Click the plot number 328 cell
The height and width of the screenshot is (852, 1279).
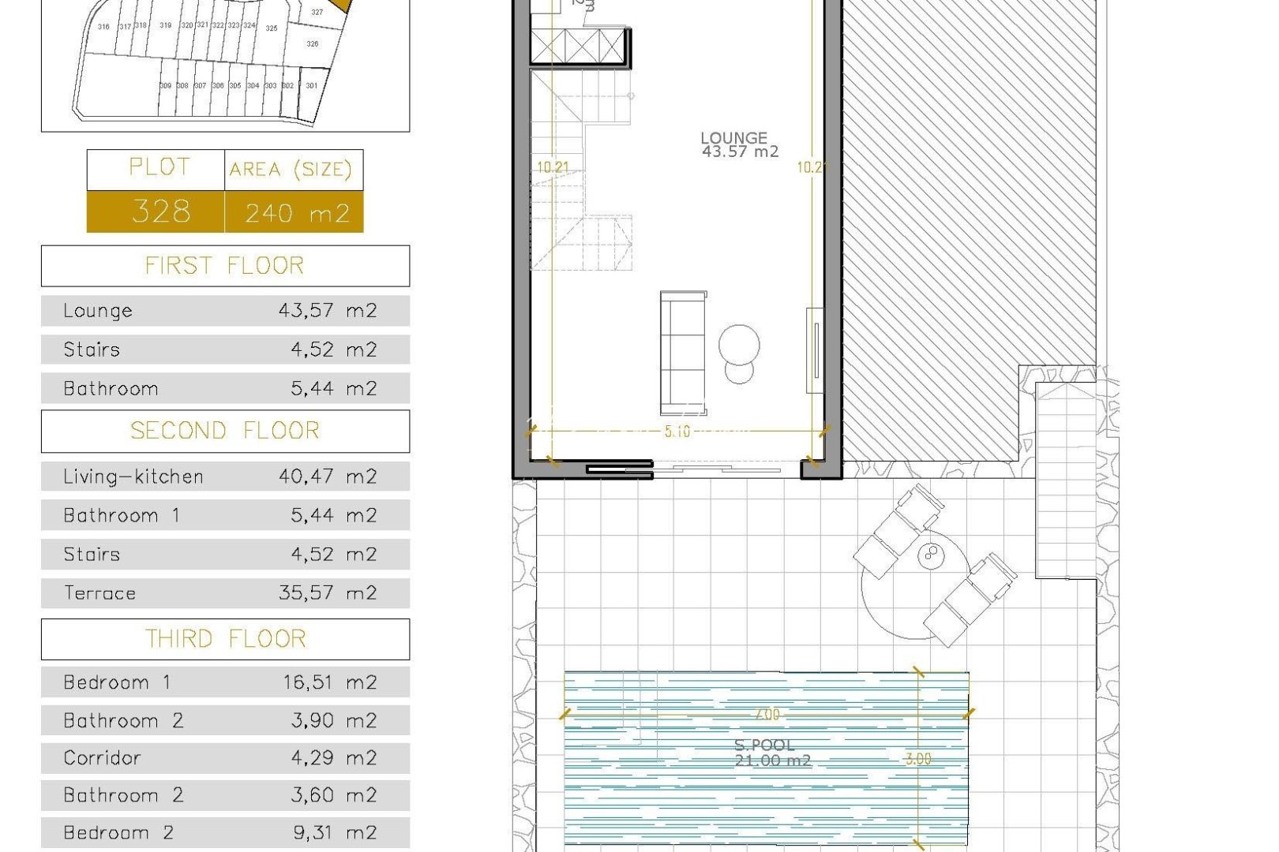[160, 211]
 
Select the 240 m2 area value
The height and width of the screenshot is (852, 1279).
[296, 212]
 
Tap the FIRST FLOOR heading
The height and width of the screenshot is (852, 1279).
[225, 266]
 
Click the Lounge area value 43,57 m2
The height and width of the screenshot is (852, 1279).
[328, 311]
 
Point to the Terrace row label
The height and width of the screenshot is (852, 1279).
[99, 593]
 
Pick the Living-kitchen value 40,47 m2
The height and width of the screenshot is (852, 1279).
[328, 476]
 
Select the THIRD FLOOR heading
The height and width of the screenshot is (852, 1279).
[225, 639]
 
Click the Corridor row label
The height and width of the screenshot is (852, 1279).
[102, 758]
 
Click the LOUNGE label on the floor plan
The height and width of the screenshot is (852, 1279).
[734, 138]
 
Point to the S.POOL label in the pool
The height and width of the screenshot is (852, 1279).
[764, 745]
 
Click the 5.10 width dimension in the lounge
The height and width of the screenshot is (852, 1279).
[677, 432]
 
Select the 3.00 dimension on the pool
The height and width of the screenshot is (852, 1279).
[917, 759]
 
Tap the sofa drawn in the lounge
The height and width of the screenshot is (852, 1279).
[683, 353]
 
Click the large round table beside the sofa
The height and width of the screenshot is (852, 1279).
[739, 346]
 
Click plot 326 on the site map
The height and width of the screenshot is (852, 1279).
[313, 44]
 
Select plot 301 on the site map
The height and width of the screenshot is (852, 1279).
[312, 86]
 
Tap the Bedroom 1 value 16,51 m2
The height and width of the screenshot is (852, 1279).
[330, 682]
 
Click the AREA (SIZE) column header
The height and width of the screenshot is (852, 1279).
[291, 170]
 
